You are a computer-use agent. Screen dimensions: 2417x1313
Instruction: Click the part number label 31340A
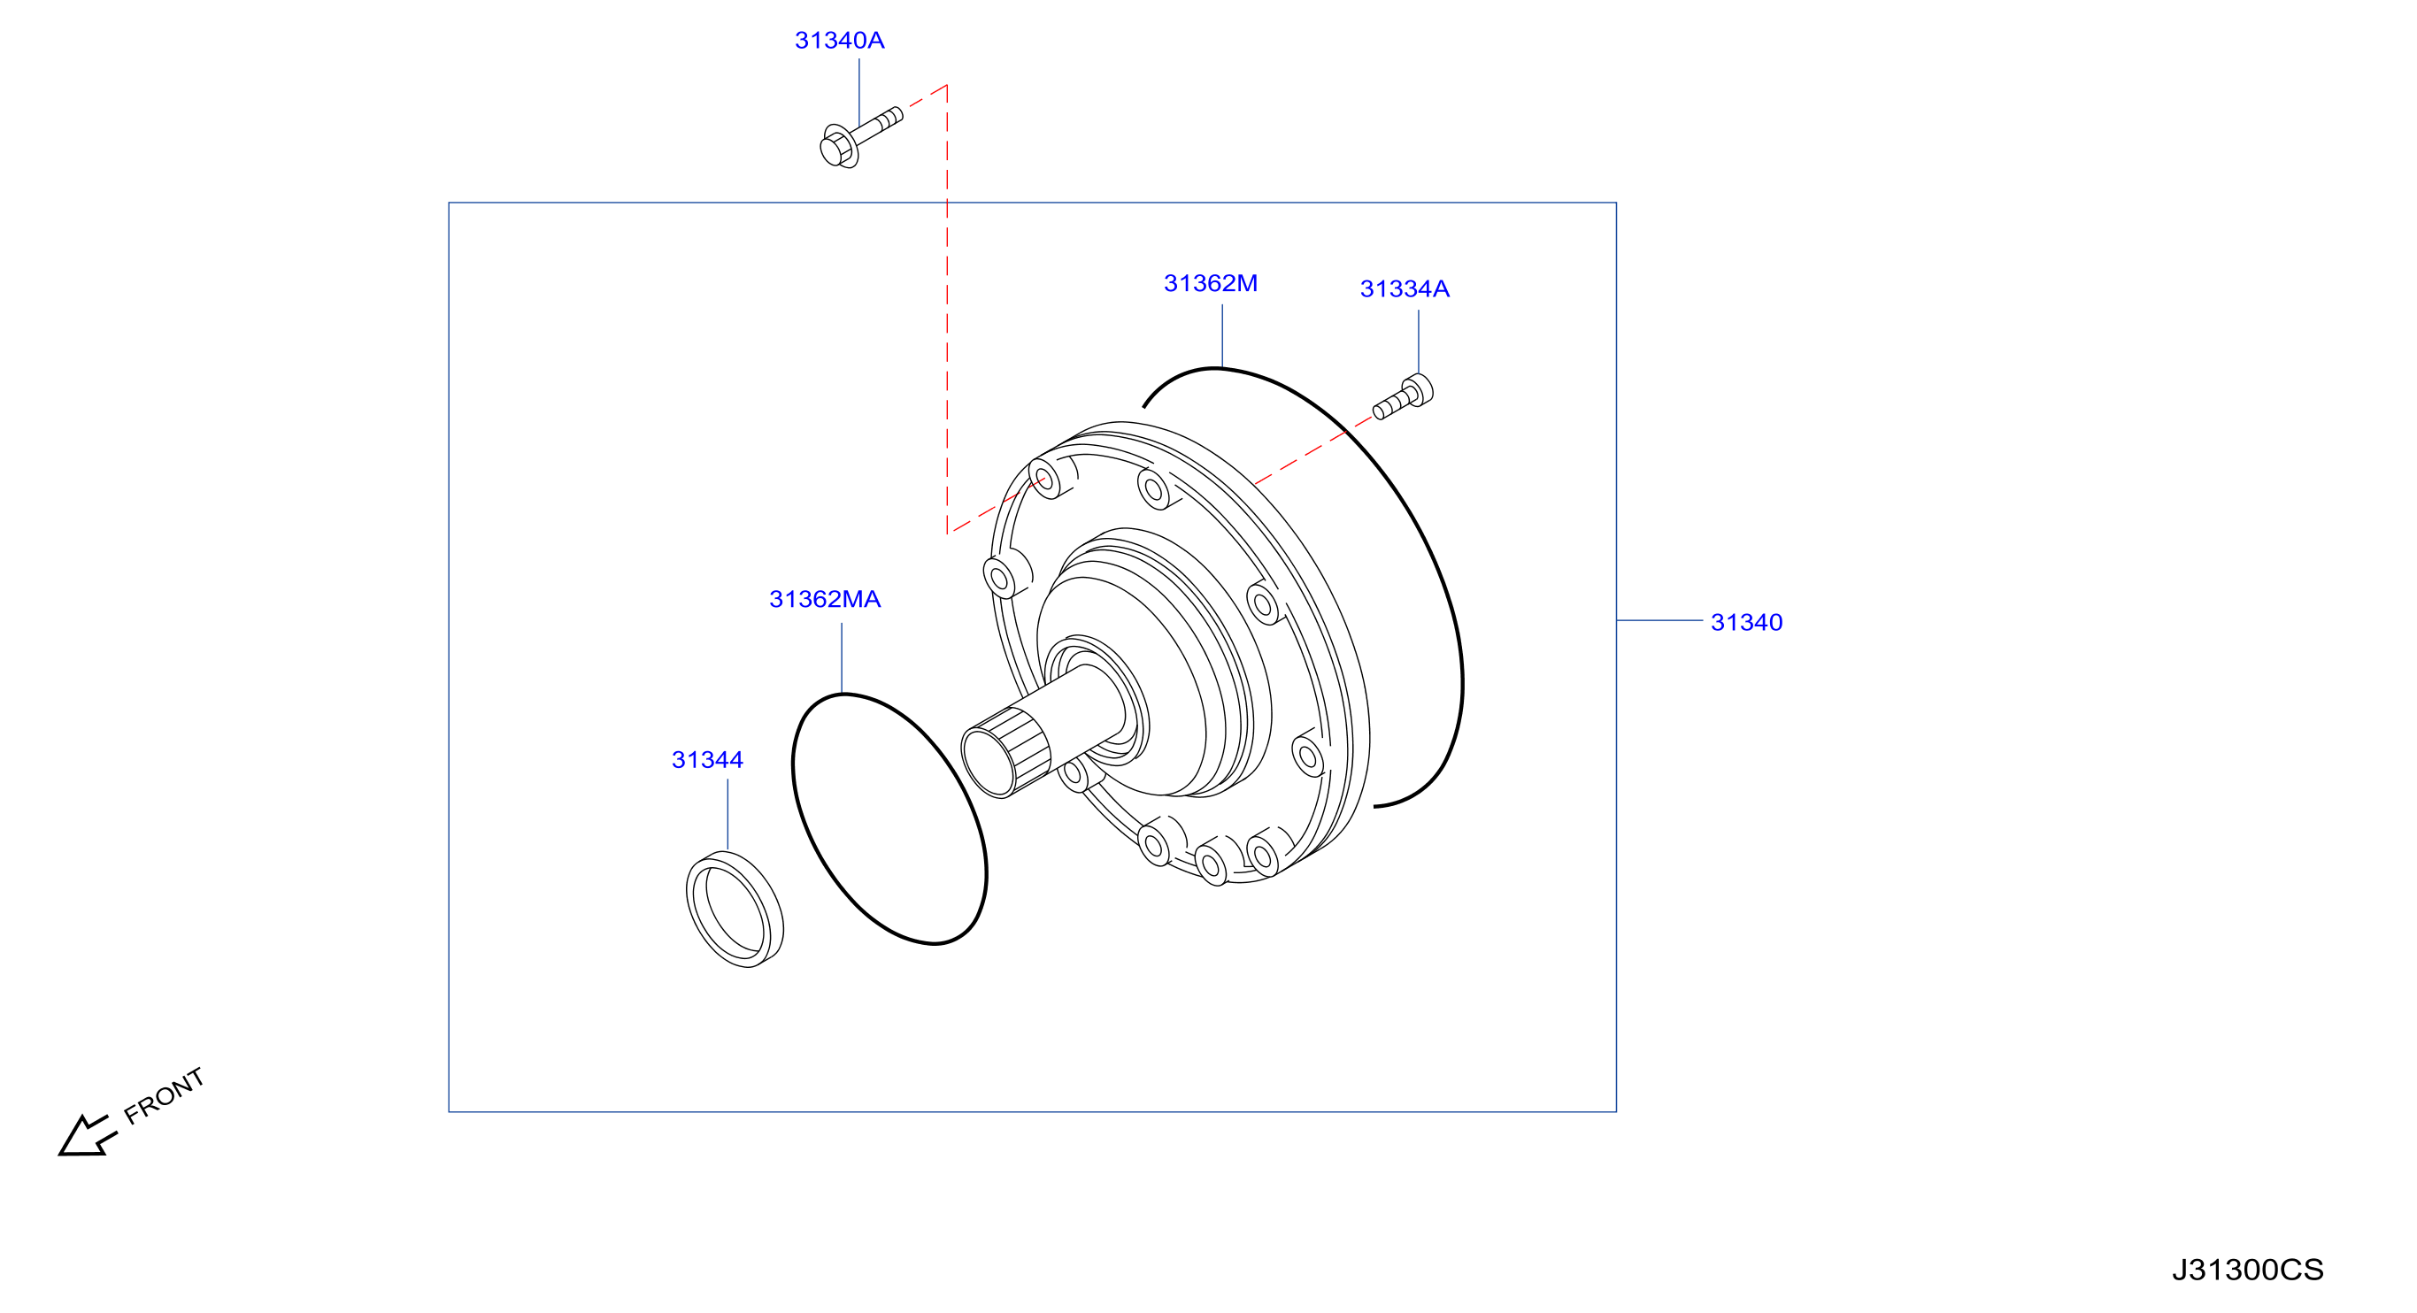click(839, 41)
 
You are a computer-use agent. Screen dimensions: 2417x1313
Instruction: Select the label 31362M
click(1211, 283)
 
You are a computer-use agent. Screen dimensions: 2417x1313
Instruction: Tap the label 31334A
click(1405, 288)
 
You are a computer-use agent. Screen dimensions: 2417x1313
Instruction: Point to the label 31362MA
click(825, 599)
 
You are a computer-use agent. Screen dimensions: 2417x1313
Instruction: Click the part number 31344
click(707, 760)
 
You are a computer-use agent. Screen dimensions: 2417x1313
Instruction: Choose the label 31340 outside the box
click(1746, 623)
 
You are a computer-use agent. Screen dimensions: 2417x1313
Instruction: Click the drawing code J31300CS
click(2247, 1270)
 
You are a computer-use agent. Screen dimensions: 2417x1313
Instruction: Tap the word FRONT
click(165, 1095)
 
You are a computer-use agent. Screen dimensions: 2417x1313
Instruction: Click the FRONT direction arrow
click(88, 1137)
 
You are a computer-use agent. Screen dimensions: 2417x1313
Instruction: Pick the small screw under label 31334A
click(1403, 396)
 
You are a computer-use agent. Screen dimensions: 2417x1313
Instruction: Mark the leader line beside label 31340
click(1659, 620)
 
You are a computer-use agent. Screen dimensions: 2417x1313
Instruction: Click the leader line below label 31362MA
click(842, 658)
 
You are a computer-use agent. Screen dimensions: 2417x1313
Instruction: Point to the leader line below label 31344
click(727, 815)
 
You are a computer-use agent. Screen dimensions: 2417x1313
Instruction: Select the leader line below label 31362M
click(1222, 335)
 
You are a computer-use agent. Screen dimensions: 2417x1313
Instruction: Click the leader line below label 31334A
click(1419, 342)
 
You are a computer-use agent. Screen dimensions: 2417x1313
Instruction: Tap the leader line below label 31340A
click(859, 93)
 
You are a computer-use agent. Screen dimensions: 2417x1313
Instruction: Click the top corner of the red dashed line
click(947, 85)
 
